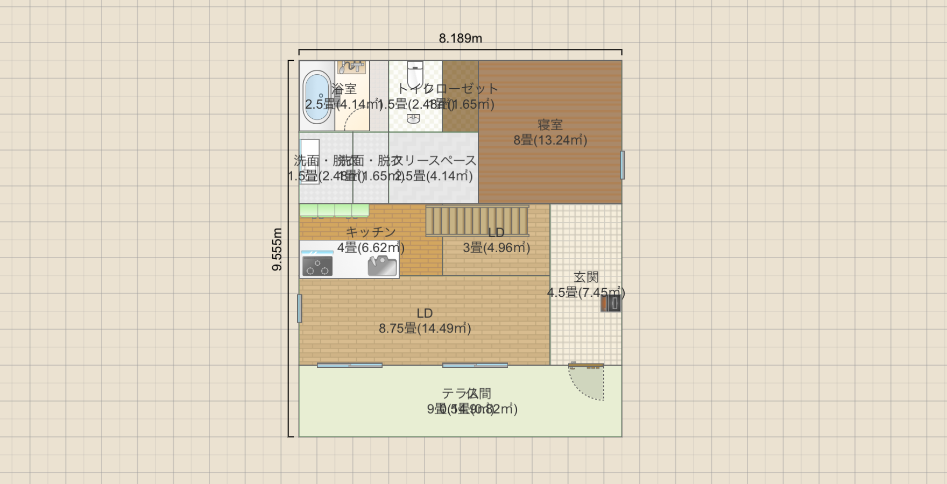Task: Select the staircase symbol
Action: click(477, 220)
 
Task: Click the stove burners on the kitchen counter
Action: click(317, 266)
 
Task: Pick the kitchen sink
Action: click(382, 266)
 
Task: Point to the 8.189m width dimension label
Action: click(460, 39)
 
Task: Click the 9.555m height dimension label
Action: click(277, 249)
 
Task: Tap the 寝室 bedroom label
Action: click(550, 125)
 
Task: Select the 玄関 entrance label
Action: click(586, 277)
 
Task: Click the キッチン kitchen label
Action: click(371, 232)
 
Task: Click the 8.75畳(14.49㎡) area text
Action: click(425, 329)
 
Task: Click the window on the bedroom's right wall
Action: click(622, 165)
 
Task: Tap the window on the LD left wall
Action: click(299, 308)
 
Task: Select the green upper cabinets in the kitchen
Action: click(334, 210)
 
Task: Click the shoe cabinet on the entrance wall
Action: click(611, 303)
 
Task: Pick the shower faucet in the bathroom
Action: click(351, 67)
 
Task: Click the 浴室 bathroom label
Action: click(344, 89)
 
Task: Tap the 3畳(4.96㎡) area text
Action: click(496, 248)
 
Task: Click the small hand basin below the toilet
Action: click(413, 119)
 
